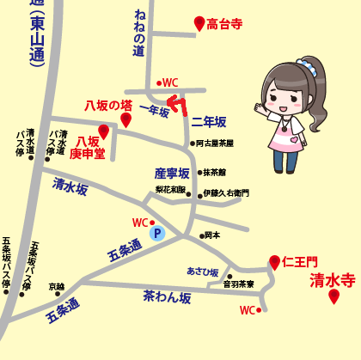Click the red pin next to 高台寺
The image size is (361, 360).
click(199, 23)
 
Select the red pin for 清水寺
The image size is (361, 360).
click(333, 296)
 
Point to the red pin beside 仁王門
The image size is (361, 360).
click(274, 261)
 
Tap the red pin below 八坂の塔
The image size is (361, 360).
click(125, 119)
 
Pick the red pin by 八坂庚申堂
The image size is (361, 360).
click(104, 131)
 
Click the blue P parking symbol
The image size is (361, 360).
click(157, 232)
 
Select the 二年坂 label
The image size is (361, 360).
click(208, 122)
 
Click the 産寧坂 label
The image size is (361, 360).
click(171, 174)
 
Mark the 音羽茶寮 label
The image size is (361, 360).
click(238, 284)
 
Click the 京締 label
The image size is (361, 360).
click(56, 287)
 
